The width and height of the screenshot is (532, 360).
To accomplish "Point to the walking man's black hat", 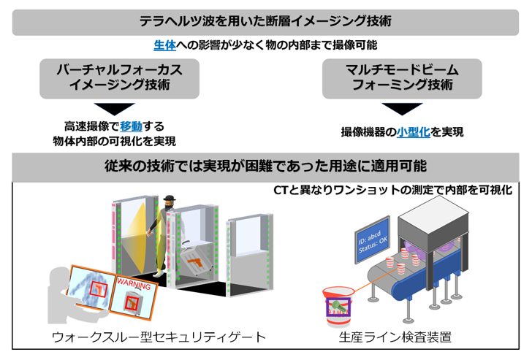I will click(170, 200).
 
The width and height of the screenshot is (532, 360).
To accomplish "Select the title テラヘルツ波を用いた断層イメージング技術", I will click(265, 21).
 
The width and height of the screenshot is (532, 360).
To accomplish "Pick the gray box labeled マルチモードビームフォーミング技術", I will click(401, 77).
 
